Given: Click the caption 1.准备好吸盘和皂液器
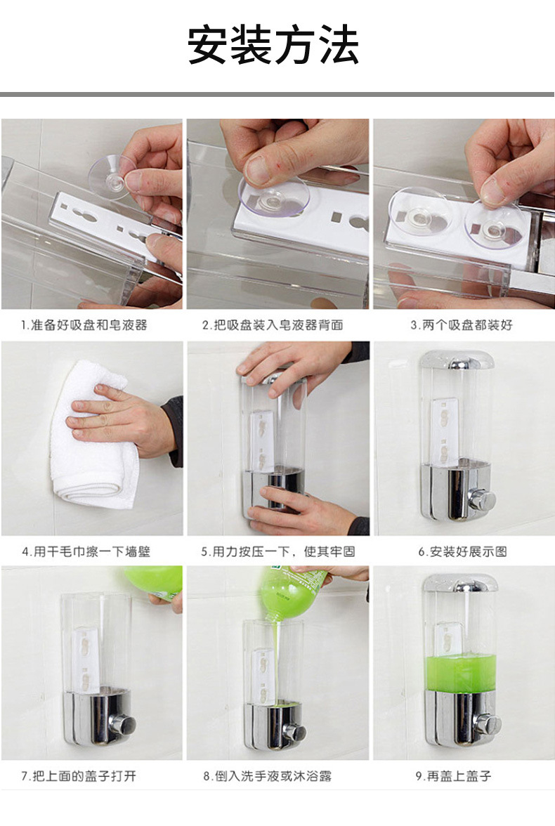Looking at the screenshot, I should pos(84,325).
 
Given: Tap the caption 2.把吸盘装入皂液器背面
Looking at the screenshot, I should pos(273,325).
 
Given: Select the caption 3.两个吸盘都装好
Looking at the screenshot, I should pos(462,325).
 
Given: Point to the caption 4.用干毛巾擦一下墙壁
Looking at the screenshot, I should pos(86,551).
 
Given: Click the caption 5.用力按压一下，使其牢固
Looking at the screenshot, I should pos(277,551).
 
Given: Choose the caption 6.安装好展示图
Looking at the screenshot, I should pos(462,551).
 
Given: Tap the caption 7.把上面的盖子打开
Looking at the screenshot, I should pos(79,776).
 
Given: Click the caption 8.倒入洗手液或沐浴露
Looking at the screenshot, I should pos(268,776).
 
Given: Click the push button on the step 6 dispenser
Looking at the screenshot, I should pos(483,499).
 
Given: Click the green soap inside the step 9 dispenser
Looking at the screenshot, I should pos(461,672).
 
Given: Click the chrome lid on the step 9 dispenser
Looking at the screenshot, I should pos(461,583).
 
